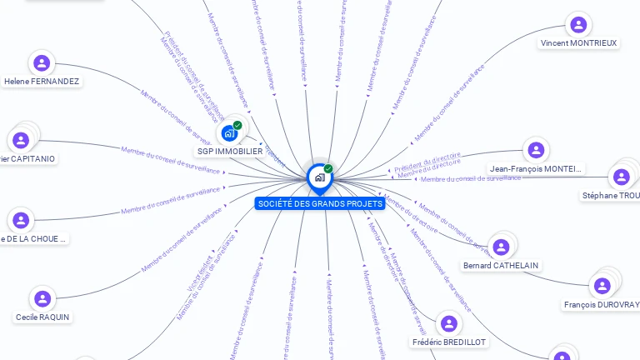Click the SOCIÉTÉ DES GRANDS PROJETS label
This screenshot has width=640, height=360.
click(x=320, y=203)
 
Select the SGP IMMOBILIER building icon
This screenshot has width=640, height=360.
click(x=229, y=133)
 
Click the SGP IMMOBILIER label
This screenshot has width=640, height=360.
click(x=229, y=152)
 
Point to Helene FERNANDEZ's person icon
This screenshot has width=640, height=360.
click(x=42, y=63)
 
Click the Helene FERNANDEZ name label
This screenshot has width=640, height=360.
click(x=42, y=82)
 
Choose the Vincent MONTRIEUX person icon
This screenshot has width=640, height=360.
click(x=578, y=25)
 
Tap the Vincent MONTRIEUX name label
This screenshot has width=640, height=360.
click(x=579, y=42)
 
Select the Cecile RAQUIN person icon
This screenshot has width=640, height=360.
click(x=42, y=298)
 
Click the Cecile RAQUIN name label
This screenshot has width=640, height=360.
click(x=42, y=317)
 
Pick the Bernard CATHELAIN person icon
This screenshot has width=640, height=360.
click(x=501, y=247)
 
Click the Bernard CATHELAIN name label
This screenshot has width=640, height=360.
click(x=501, y=265)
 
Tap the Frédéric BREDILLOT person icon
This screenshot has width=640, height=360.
click(x=449, y=324)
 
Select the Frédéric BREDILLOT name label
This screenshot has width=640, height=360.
click(x=450, y=342)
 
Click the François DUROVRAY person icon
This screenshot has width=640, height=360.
click(x=602, y=287)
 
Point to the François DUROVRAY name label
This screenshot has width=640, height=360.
click(x=601, y=305)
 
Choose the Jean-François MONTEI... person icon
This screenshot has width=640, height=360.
click(x=536, y=151)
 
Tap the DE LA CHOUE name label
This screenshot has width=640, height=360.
click(x=34, y=238)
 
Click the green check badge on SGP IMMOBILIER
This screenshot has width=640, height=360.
click(x=237, y=126)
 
